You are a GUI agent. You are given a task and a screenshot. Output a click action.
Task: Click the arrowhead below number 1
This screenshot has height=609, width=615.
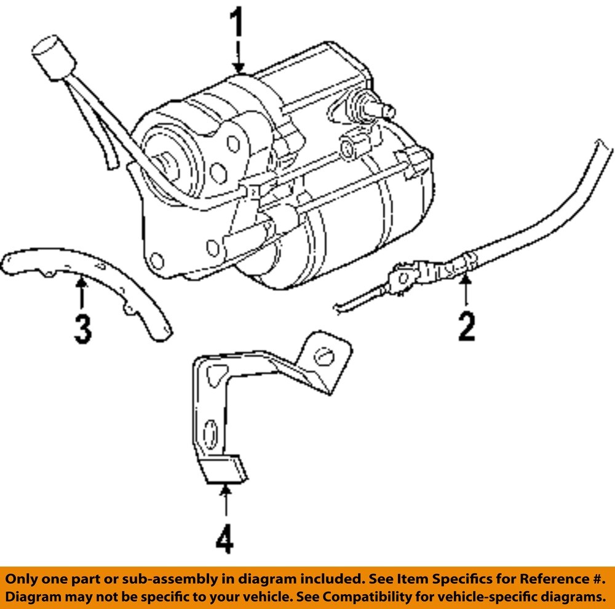click(x=238, y=67)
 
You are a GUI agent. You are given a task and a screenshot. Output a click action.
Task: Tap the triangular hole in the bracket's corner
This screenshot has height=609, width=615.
click(x=215, y=373)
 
